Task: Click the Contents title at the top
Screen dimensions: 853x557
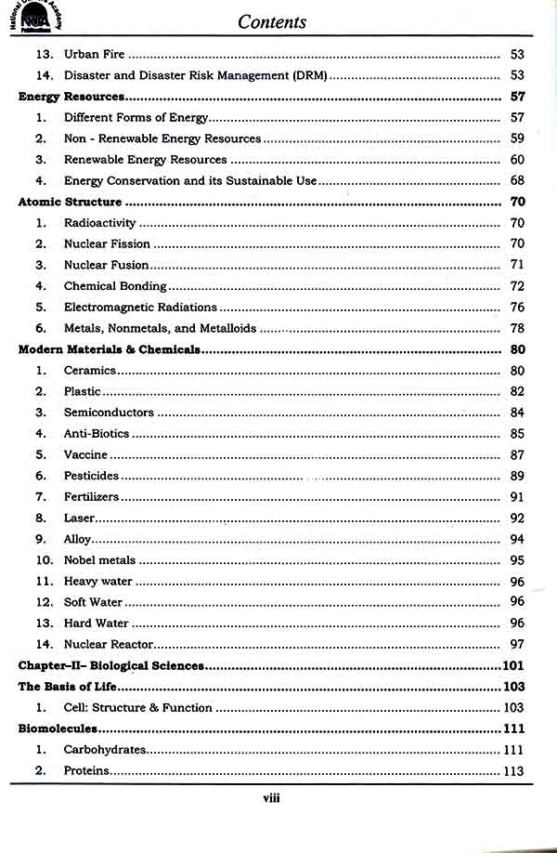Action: click(272, 21)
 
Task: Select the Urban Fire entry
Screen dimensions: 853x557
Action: click(94, 55)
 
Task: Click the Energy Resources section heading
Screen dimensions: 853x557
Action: click(71, 97)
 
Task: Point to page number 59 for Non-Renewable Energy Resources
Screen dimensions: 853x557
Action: click(518, 138)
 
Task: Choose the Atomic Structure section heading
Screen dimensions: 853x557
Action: click(70, 202)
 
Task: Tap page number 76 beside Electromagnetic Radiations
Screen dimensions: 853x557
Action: click(518, 308)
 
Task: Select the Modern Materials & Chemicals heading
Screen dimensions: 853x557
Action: click(110, 349)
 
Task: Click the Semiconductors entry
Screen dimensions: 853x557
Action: click(109, 413)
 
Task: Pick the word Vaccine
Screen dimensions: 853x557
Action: click(85, 454)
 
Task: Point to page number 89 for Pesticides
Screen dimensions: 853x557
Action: click(518, 476)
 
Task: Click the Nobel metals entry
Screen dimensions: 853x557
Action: click(99, 560)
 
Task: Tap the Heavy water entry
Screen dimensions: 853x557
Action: click(98, 582)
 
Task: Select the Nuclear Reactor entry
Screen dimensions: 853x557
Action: click(108, 645)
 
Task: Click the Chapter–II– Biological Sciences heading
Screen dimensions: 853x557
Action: click(111, 666)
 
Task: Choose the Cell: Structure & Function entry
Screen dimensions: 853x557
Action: click(137, 708)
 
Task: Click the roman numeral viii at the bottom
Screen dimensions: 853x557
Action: click(272, 797)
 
